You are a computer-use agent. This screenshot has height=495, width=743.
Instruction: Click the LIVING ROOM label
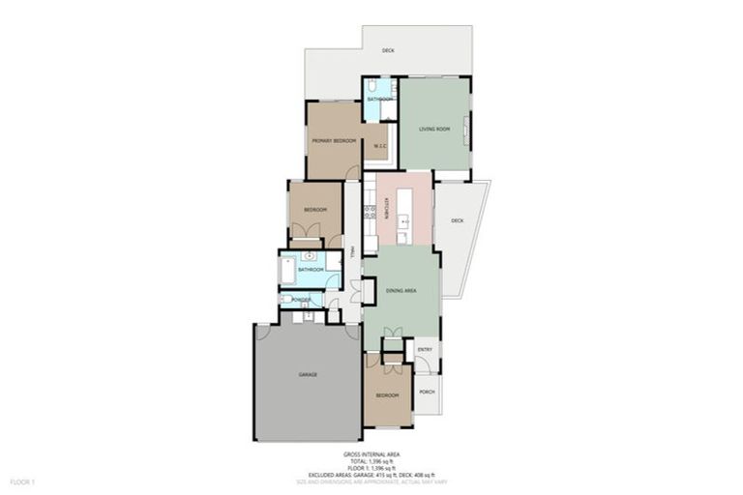pyautogui.click(x=434, y=129)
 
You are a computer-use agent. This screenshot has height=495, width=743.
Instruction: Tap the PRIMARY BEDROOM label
pyautogui.click(x=334, y=141)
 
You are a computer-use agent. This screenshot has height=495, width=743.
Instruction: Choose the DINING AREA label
pyautogui.click(x=401, y=290)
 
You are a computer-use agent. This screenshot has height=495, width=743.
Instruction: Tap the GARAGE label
pyautogui.click(x=308, y=374)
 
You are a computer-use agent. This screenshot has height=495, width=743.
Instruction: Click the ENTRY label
pyautogui.click(x=424, y=350)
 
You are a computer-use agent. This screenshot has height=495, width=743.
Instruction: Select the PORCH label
pyautogui.click(x=426, y=392)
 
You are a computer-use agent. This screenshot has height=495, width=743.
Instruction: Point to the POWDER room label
pyautogui.click(x=300, y=301)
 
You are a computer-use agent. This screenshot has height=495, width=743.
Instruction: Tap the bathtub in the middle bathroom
pyautogui.click(x=287, y=269)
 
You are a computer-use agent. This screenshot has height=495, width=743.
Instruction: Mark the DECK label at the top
pyautogui.click(x=387, y=50)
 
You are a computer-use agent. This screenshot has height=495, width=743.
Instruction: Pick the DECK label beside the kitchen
pyautogui.click(x=457, y=220)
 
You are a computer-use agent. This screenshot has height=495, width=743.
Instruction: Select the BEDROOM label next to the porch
pyautogui.click(x=386, y=396)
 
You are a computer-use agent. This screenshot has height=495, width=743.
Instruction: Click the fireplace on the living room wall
pyautogui.click(x=467, y=129)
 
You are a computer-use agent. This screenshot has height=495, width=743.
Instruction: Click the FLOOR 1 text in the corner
pyautogui.click(x=22, y=480)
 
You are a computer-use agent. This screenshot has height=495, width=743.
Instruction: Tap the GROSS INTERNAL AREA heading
pyautogui.click(x=371, y=453)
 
